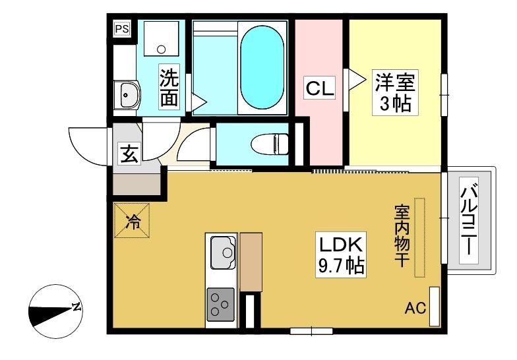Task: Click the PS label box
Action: pyautogui.click(x=122, y=29)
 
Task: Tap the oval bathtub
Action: pyautogui.click(x=262, y=67)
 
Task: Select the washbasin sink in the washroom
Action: pyautogui.click(x=129, y=95)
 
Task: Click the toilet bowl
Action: pyautogui.click(x=269, y=144)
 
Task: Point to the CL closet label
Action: pyautogui.click(x=320, y=88)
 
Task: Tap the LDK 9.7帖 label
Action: pyautogui.click(x=341, y=255)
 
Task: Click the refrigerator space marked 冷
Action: pyautogui.click(x=132, y=220)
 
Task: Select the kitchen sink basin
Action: pyautogui.click(x=223, y=252)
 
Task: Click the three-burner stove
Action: pyautogui.click(x=220, y=305)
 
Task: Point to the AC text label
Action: pyautogui.click(x=415, y=309)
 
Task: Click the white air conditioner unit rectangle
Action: pyautogui.click(x=435, y=307)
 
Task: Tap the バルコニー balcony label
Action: pyautogui.click(x=469, y=220)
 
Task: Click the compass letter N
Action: pyautogui.click(x=76, y=307)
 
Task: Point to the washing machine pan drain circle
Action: pyautogui.click(x=161, y=49)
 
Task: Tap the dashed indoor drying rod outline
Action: pyautogui.click(x=419, y=237)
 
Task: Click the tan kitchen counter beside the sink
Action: pyautogui.click(x=251, y=262)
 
